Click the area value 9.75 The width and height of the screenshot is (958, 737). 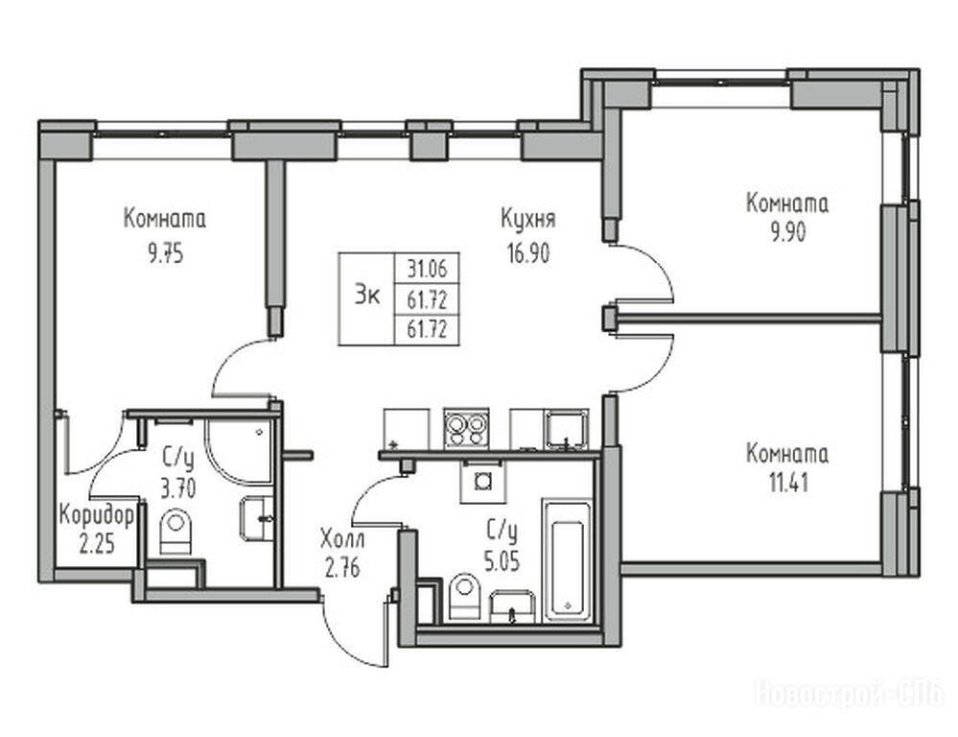(x=166, y=253)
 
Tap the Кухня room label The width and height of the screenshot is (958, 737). (x=527, y=219)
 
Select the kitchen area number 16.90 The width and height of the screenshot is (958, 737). (x=527, y=252)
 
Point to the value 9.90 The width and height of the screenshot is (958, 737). (x=787, y=232)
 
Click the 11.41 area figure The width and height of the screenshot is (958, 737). (x=788, y=484)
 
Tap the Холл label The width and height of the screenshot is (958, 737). (x=342, y=539)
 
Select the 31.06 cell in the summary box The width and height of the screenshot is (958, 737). (x=427, y=268)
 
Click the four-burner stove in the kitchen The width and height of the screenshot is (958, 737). (x=466, y=428)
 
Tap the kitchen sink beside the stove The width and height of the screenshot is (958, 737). (x=567, y=429)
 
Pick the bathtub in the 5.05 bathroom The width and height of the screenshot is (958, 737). (x=567, y=560)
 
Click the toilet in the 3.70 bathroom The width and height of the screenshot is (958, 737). (x=175, y=531)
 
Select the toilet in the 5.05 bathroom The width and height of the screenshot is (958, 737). (x=465, y=596)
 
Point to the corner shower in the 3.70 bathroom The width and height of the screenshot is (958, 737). (x=239, y=452)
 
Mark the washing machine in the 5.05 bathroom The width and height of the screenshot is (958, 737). (x=483, y=481)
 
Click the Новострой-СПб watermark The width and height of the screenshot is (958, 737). (x=850, y=694)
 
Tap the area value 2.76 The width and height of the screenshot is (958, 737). (x=342, y=569)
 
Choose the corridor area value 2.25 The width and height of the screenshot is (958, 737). (x=97, y=543)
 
